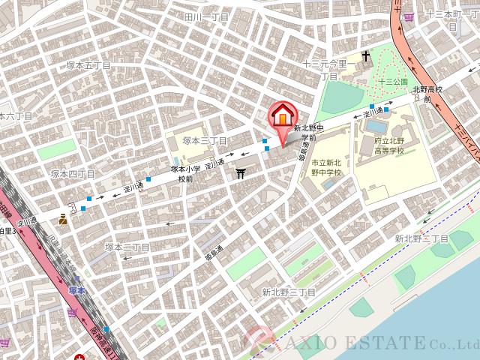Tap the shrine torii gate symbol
point(241,174)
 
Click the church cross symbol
point(367,57)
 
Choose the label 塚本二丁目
point(127,247)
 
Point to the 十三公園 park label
point(392,81)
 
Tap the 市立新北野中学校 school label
point(325,167)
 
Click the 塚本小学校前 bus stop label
point(182,174)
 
